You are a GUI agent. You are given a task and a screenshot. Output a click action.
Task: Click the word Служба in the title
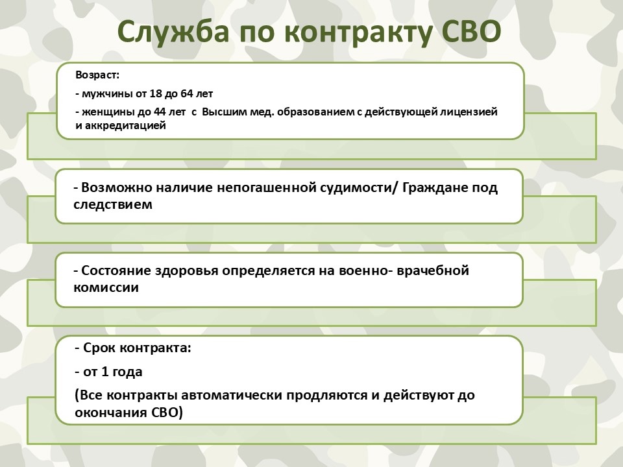click(174, 32)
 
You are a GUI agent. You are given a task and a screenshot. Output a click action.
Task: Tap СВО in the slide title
click(471, 31)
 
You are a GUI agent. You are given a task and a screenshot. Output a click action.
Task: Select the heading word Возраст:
click(97, 75)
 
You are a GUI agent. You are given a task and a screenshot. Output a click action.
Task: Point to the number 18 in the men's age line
click(156, 93)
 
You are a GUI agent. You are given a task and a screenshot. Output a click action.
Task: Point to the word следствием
click(113, 205)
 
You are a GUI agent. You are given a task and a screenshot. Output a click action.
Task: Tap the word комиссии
click(106, 288)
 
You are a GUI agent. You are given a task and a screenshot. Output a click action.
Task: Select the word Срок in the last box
click(99, 348)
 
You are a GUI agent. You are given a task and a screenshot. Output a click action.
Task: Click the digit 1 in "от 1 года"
click(105, 372)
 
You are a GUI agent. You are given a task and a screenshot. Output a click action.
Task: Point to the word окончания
click(111, 413)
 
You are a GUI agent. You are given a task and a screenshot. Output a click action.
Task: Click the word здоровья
click(186, 271)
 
